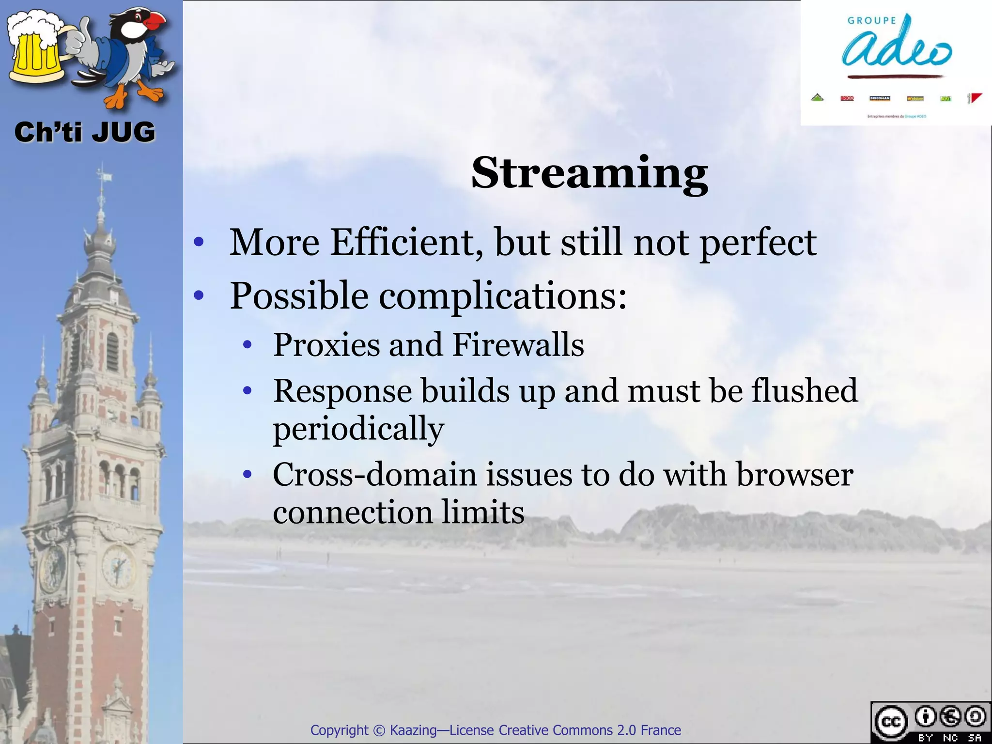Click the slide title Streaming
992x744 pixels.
coord(589,173)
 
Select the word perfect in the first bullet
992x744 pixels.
coord(758,243)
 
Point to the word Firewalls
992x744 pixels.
coord(518,345)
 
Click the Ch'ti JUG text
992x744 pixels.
coord(85,132)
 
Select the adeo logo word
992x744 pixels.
coord(896,48)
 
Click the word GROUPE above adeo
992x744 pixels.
coord(871,21)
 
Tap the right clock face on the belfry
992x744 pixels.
coord(118,566)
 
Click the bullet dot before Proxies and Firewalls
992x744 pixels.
coord(248,345)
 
